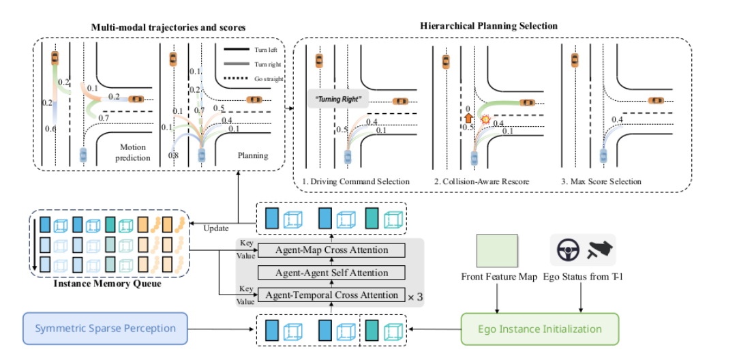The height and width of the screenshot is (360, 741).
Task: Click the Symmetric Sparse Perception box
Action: tap(105, 329)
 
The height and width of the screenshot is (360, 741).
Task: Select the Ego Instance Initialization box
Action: tap(540, 329)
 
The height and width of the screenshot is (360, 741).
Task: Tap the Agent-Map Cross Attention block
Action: tap(331, 250)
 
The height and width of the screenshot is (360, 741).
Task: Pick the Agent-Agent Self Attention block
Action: tap(331, 273)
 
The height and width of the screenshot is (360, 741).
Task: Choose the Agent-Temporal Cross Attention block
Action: tap(331, 295)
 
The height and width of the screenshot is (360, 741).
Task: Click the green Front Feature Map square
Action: tap(498, 251)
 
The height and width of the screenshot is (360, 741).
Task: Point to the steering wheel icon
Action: tap(568, 250)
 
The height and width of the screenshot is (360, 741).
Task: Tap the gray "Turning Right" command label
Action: tap(338, 100)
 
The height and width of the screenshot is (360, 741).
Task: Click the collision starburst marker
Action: tap(485, 120)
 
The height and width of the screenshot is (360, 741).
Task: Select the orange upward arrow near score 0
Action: tap(468, 118)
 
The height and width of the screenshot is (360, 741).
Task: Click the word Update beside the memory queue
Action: tap(216, 228)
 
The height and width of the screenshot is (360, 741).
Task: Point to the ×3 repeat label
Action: tap(414, 297)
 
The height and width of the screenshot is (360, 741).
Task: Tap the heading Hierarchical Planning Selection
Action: tap(489, 26)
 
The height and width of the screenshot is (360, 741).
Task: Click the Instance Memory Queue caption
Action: tap(107, 284)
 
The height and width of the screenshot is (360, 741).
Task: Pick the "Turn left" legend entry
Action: tap(254, 49)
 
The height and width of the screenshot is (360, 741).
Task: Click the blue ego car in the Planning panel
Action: tap(202, 155)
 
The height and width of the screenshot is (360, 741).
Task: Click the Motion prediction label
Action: tap(133, 153)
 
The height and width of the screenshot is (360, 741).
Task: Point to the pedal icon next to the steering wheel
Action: tap(599, 249)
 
